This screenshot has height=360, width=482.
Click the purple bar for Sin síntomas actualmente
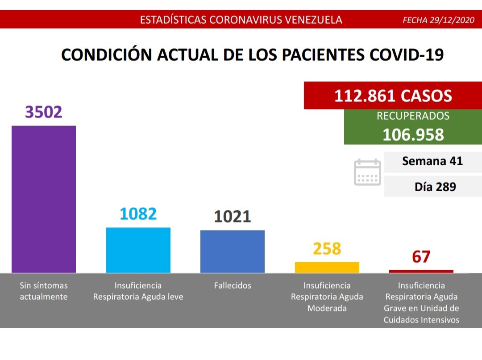click(44, 199)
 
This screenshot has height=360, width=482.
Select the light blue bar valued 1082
click(138, 250)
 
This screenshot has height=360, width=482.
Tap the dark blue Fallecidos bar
click(233, 251)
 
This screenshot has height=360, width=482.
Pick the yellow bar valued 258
click(327, 267)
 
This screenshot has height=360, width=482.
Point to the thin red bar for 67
click(421, 271)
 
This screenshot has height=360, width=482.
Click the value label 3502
click(44, 112)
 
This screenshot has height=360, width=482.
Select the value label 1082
click(138, 214)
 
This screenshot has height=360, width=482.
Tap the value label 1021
click(233, 217)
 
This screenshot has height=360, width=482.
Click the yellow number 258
click(327, 249)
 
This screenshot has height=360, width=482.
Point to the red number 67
click(421, 257)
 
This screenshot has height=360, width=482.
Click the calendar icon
click(367, 172)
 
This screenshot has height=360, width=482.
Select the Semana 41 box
click(432, 161)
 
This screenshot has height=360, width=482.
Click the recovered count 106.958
click(413, 134)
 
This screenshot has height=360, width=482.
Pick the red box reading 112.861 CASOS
click(393, 96)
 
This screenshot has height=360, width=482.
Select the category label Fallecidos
click(233, 285)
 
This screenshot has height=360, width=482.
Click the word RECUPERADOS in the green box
click(413, 116)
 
